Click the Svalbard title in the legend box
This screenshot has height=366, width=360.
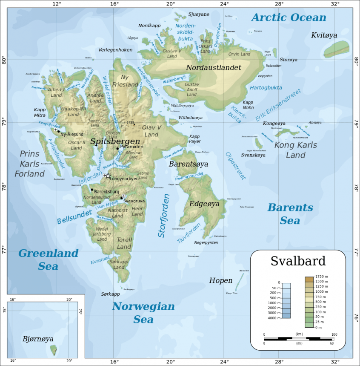[x=298, y=261]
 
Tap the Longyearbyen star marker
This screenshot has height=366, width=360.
[x=108, y=176]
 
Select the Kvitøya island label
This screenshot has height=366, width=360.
[x=324, y=35]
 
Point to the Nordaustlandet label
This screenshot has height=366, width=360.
[x=213, y=68]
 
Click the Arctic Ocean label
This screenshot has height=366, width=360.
[x=289, y=17]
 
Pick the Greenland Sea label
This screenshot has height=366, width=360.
[x=48, y=259]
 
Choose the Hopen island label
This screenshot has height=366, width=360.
[x=220, y=280]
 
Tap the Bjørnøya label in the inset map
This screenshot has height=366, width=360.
[x=38, y=339]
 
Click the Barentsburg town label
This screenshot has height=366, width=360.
[x=106, y=192]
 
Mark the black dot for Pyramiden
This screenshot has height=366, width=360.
[x=117, y=148]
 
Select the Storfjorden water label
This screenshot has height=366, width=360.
[x=164, y=216]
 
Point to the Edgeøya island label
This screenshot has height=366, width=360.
[x=204, y=204]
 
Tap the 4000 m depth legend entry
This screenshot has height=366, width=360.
[x=271, y=318]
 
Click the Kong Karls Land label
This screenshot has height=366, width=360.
[x=295, y=150]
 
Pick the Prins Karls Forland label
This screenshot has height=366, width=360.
[x=29, y=164]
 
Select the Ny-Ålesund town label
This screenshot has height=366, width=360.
[x=72, y=134]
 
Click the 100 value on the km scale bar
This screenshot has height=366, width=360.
[x=334, y=334]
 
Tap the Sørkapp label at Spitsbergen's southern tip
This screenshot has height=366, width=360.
[x=110, y=294]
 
